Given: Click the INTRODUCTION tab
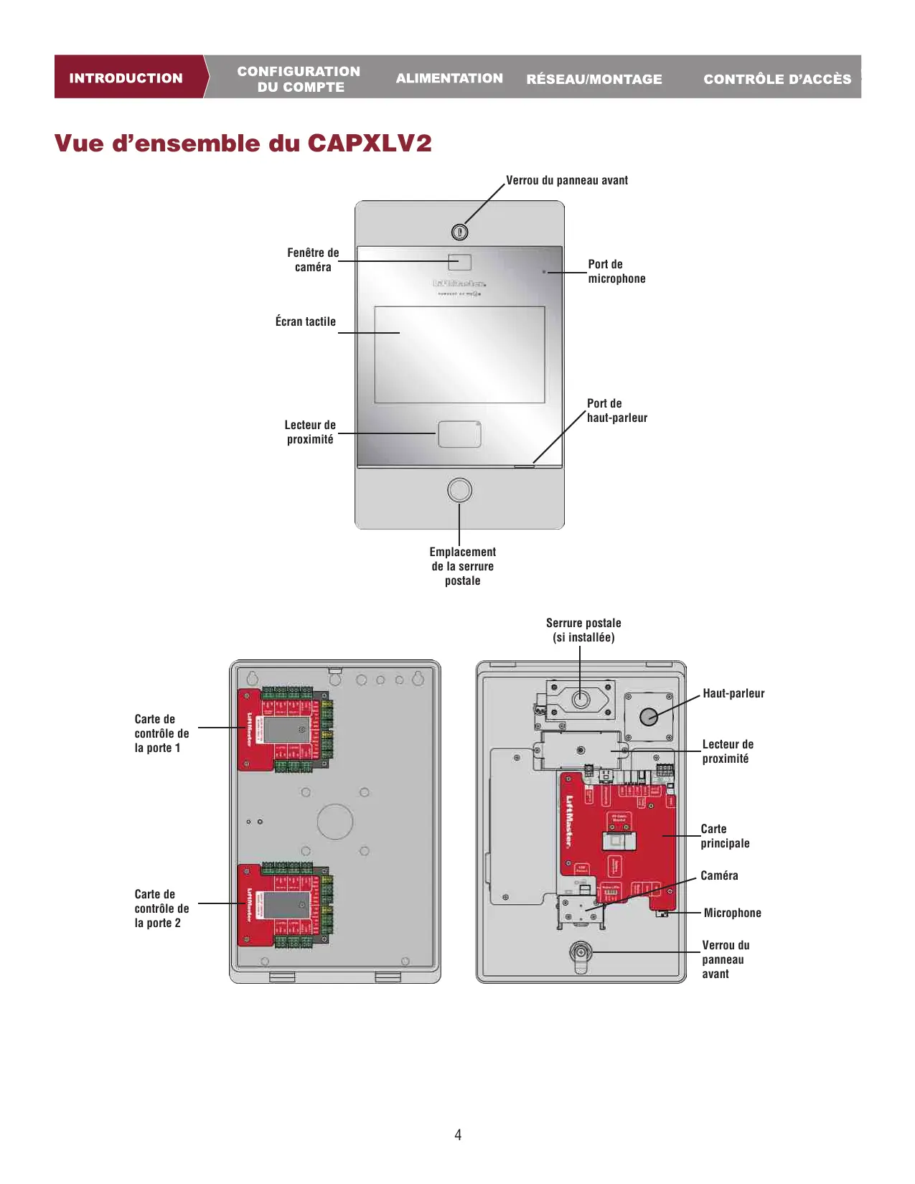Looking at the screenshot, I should point(126,77).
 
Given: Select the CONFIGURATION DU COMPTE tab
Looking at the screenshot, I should point(299,79).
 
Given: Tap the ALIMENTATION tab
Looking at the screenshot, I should point(449,78).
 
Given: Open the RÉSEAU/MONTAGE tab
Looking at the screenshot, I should point(594,79).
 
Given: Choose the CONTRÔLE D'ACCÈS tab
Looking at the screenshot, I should point(777,79).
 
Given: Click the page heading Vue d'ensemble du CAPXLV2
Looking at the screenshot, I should point(243,143).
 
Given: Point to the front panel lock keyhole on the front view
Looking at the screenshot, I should point(460,232).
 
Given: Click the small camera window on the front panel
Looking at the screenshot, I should point(460,262).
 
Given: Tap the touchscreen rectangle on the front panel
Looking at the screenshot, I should point(460,354).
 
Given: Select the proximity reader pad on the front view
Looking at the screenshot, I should point(460,434).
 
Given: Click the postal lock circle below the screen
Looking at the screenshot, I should point(460,490).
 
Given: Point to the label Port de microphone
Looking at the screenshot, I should point(616,271).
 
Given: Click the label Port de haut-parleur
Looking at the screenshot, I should point(616,410).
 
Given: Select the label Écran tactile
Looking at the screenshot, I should point(306,321).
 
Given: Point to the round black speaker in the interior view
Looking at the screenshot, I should point(649,716).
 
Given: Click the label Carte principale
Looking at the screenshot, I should point(725,836).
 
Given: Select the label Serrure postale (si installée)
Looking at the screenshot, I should point(583,630).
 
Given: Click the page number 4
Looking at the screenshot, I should point(458,1134).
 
